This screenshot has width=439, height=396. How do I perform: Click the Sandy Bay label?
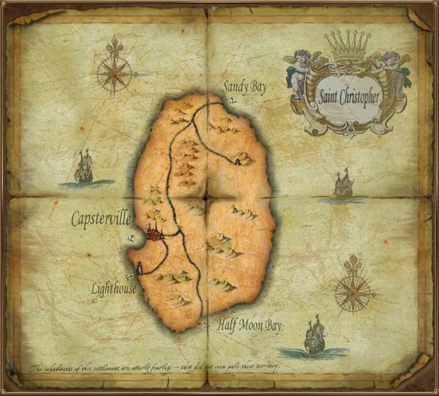coord(244,87)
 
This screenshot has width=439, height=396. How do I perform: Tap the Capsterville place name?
coord(101,219)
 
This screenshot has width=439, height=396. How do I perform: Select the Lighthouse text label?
coord(114,289)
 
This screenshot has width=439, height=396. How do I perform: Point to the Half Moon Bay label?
coord(249,325)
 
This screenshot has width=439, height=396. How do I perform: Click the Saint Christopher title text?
coord(349,96)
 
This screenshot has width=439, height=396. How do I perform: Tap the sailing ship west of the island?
coord(84,168)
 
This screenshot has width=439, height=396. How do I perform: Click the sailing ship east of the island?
coord(343,185)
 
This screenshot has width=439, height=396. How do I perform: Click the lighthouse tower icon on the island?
coord(139,267)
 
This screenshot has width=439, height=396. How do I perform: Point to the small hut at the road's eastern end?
coord(236,162)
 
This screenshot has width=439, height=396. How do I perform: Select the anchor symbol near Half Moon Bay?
coord(206,326)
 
